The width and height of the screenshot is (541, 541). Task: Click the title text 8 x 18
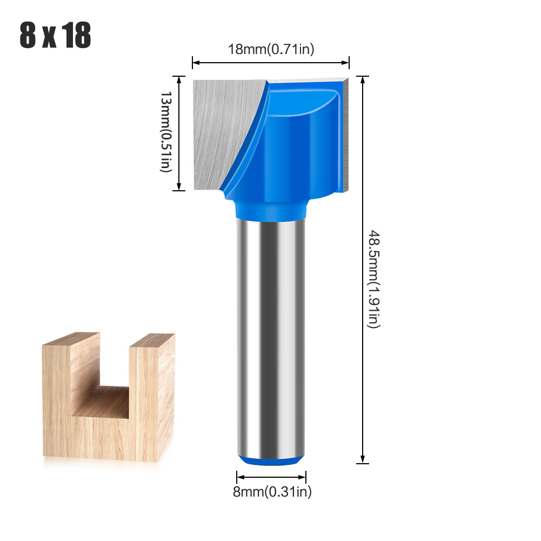coord(56,36)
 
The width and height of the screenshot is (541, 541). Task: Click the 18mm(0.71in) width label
coord(271,49)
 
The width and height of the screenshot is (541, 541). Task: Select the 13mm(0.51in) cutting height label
coord(165,132)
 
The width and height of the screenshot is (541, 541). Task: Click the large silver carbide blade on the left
coord(222,130)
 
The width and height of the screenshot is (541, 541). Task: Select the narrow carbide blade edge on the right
coord(346,135)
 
